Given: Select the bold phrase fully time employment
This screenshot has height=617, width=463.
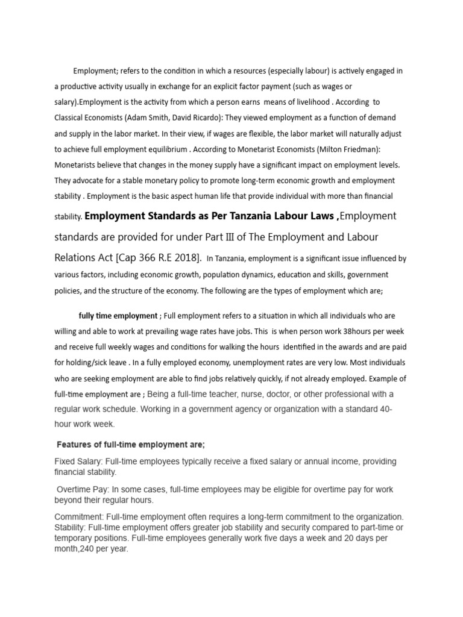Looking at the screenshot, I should pos(118,316).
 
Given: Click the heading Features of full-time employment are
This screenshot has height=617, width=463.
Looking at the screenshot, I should pos(131,445).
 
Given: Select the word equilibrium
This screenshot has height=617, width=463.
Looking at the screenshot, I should pos(165,149).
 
